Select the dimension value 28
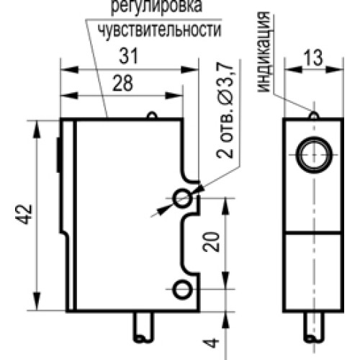tap(123, 84)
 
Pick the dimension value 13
tap(312, 60)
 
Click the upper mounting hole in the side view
tap(183, 197)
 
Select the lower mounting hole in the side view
tap(183, 289)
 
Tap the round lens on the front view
tap(313, 153)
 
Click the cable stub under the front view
tap(314, 328)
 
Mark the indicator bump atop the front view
tap(313, 114)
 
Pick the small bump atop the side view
tap(150, 115)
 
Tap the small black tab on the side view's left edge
tap(58, 155)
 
